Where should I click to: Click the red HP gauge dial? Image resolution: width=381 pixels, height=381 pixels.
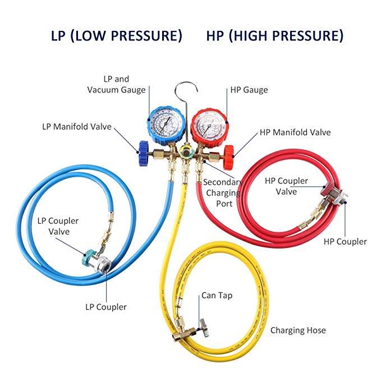click(x=209, y=125)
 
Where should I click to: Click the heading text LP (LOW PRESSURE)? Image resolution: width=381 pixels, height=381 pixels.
click(x=117, y=36)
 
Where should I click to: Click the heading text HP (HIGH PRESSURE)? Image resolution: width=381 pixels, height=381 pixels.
click(x=275, y=36)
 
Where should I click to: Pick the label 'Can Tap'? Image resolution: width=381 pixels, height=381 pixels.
click(x=218, y=295)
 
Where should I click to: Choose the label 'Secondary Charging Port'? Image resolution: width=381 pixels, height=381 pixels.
click(x=223, y=192)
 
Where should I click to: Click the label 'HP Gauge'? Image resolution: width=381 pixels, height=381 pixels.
click(x=249, y=90)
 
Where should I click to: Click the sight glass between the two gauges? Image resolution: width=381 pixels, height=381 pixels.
click(x=187, y=151)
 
